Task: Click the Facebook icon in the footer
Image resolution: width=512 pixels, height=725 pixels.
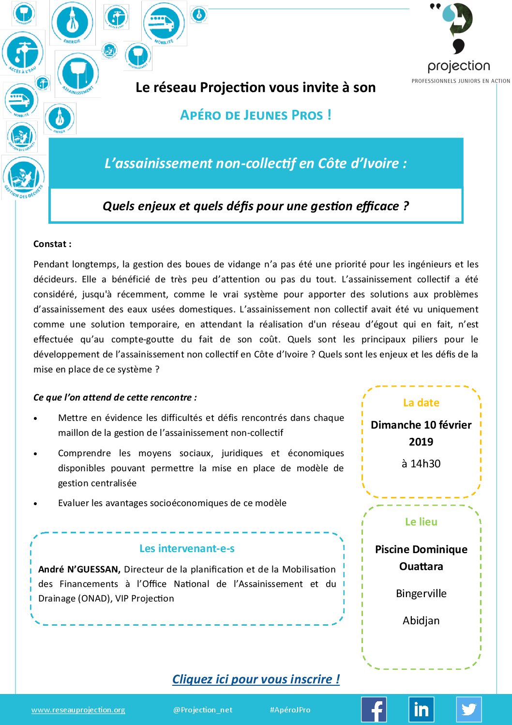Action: pyautogui.click(x=374, y=710)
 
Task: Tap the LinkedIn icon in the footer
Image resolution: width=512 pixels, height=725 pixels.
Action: pyautogui.click(x=421, y=710)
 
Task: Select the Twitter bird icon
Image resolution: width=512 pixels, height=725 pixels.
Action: pyautogui.click(x=468, y=710)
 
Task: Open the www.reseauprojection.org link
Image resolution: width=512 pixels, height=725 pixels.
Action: pyautogui.click(x=78, y=710)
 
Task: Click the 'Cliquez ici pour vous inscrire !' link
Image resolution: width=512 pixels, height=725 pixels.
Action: pyautogui.click(x=256, y=679)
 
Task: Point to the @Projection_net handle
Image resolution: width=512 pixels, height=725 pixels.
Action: pyautogui.click(x=203, y=710)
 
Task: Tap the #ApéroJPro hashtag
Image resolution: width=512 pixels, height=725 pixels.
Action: pyautogui.click(x=290, y=710)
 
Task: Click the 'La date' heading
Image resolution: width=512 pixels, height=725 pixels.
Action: pyautogui.click(x=421, y=403)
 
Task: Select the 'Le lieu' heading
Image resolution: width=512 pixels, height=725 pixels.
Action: pyautogui.click(x=421, y=522)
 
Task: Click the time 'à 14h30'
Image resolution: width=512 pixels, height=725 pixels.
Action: pyautogui.click(x=421, y=464)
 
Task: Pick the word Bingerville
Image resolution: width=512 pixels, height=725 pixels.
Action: pyautogui.click(x=421, y=594)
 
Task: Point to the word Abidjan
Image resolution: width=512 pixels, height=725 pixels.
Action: pyautogui.click(x=421, y=621)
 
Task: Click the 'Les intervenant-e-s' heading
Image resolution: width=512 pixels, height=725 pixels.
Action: pyautogui.click(x=187, y=549)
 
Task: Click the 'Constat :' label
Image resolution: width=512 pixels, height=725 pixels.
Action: pyautogui.click(x=52, y=244)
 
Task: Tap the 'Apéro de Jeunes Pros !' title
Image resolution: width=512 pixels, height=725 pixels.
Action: pyautogui.click(x=256, y=115)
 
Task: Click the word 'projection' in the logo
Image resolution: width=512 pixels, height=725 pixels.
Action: pyautogui.click(x=459, y=66)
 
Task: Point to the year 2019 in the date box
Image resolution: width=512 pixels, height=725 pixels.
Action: pyautogui.click(x=421, y=442)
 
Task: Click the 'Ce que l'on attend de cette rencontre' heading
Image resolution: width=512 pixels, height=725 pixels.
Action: pyautogui.click(x=115, y=398)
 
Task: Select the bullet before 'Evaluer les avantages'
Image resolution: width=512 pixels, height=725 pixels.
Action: pyautogui.click(x=35, y=504)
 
